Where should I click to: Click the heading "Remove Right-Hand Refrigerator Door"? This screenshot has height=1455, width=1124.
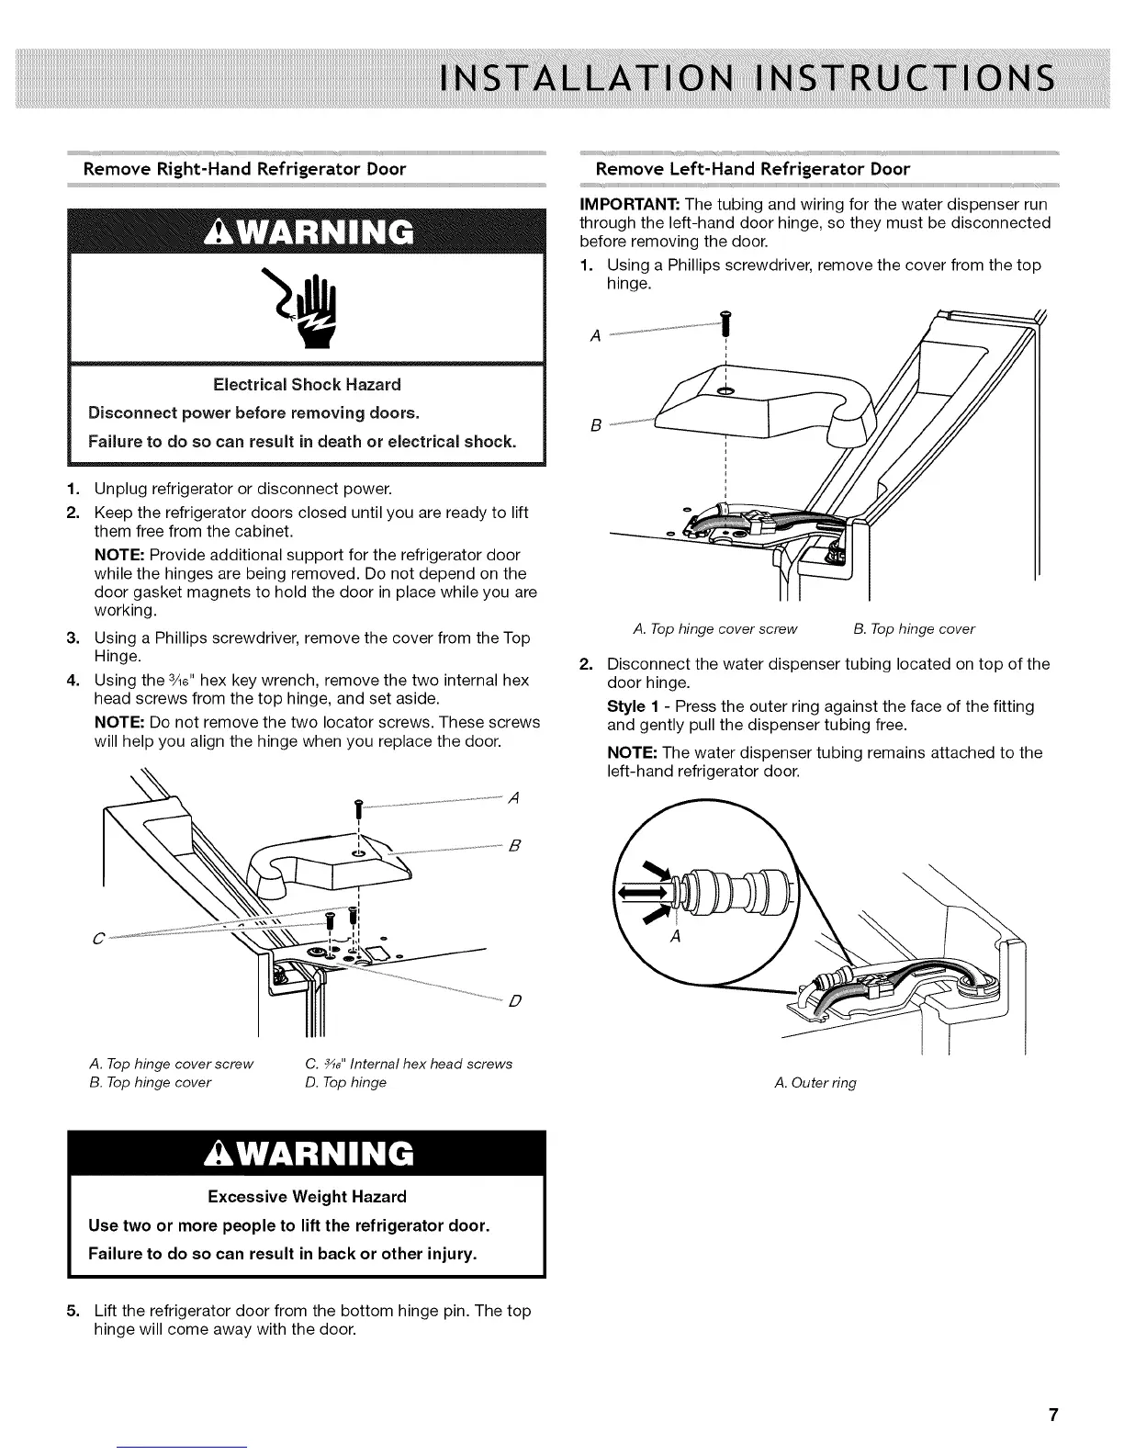pos(244,169)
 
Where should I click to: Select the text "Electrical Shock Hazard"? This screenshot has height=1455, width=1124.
pos(307,384)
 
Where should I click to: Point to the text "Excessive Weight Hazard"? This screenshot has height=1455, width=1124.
pos(307,1197)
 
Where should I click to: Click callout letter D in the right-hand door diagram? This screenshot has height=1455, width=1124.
pos(514,1000)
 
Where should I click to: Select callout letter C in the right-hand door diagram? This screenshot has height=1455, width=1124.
pos(96,938)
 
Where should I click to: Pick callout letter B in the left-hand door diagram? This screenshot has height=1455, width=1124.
pos(595,426)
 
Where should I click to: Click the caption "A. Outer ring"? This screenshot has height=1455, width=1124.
pos(815,1083)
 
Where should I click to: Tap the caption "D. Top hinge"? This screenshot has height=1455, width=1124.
pos(345,1082)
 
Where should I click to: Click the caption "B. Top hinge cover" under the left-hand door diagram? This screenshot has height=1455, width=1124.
pos(914,629)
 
